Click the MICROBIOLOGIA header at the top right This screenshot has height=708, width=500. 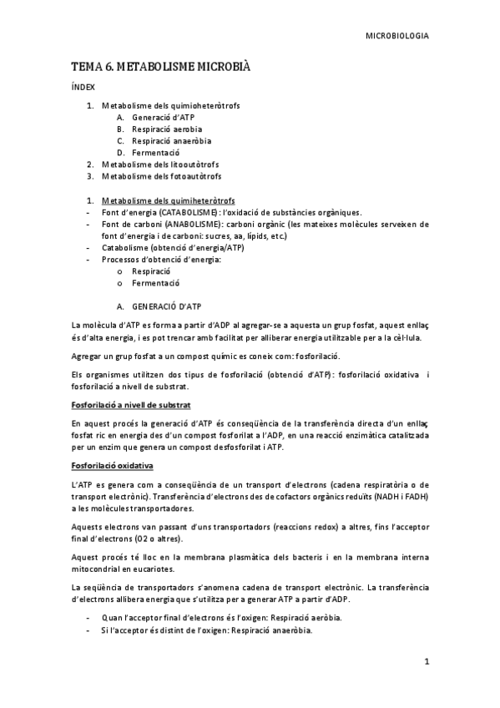[398, 36]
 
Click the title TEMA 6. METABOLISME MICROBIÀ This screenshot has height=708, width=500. [160, 66]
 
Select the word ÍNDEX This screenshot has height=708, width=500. [83, 87]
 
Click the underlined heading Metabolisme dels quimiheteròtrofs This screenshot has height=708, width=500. [167, 201]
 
